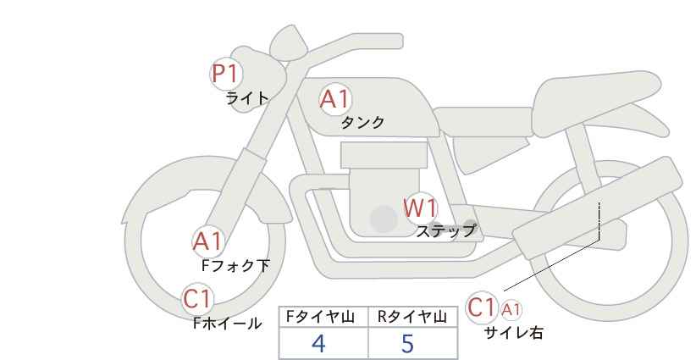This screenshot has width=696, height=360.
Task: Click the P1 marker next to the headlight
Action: tap(225, 74)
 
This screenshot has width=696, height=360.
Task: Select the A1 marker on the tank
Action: tap(334, 99)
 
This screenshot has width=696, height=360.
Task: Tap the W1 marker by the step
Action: tap(419, 208)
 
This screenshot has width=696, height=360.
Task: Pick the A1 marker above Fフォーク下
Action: tap(207, 241)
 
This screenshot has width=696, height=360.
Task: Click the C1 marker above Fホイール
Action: tap(199, 298)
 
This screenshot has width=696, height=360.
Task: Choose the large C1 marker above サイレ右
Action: tap(483, 307)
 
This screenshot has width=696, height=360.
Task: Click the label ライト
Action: tap(247, 98)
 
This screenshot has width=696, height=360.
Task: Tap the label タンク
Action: tap(362, 123)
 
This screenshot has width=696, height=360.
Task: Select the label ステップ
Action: tap(445, 230)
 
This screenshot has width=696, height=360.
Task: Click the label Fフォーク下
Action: tap(235, 265)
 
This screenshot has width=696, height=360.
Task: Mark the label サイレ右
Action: tap(513, 333)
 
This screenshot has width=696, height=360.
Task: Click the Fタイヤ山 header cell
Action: tap(323, 318)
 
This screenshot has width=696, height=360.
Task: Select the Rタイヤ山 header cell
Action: tap(413, 318)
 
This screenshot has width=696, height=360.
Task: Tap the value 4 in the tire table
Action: tap(319, 344)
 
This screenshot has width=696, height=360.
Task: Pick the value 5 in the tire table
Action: tap(408, 344)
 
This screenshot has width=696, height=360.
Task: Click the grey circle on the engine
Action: tap(384, 220)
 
